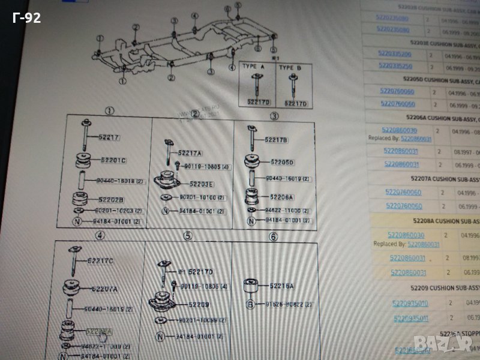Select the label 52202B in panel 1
coord(112,200)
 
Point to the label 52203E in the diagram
coord(202,184)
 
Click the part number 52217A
coord(190,153)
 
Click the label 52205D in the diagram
coord(281,162)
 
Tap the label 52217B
coord(277,140)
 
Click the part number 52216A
coord(281,286)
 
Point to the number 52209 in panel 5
coord(198,304)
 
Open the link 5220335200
coord(394,55)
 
